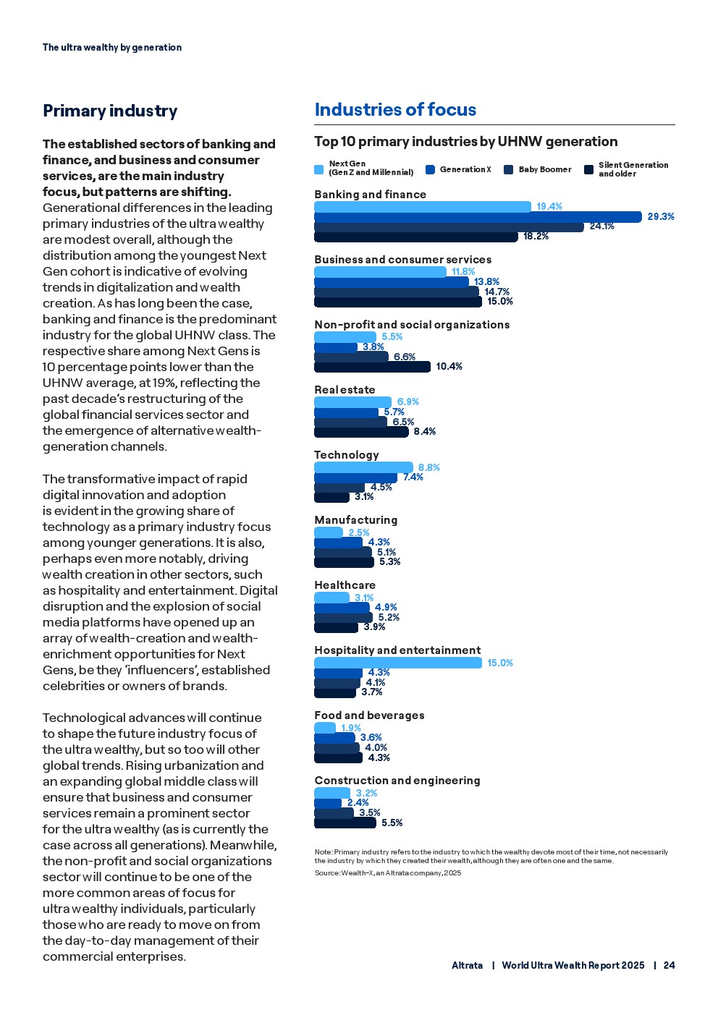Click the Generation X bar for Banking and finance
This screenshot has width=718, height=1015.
pyautogui.click(x=478, y=217)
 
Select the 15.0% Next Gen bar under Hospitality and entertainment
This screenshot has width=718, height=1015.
pyautogui.click(x=397, y=663)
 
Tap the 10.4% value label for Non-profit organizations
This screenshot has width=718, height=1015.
pyautogui.click(x=449, y=367)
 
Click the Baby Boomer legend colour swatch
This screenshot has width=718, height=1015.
pyautogui.click(x=509, y=170)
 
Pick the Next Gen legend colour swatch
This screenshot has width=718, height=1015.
pyautogui.click(x=319, y=170)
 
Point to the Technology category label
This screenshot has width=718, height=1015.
pyautogui.click(x=347, y=455)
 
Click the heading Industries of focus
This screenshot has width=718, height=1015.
pyautogui.click(x=395, y=110)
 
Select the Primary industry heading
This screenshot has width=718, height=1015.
pyautogui.click(x=110, y=111)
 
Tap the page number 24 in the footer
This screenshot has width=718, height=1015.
pyautogui.click(x=669, y=965)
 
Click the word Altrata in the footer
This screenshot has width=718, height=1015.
pyautogui.click(x=467, y=965)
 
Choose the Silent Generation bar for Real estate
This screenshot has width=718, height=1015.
pyautogui.click(x=361, y=433)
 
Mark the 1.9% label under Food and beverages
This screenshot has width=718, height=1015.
pyautogui.click(x=351, y=728)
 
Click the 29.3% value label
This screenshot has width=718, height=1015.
pyautogui.click(x=660, y=217)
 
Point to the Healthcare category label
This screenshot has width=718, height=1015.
pyautogui.click(x=345, y=585)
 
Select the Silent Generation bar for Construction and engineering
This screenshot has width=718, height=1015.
pyautogui.click(x=345, y=823)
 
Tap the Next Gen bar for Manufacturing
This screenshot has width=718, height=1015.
pyautogui.click(x=329, y=532)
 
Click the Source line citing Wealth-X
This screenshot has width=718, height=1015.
pyautogui.click(x=387, y=873)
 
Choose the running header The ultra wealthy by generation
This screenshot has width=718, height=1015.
pyautogui.click(x=112, y=48)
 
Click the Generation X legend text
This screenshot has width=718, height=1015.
pyautogui.click(x=465, y=170)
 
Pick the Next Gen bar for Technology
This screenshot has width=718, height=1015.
pyautogui.click(x=363, y=467)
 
